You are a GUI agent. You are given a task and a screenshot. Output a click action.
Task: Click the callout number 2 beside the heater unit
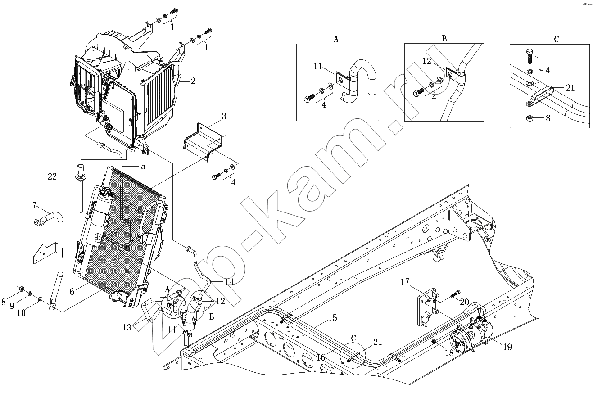[193, 81]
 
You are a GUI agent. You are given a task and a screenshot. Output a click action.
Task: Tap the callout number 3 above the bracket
[224, 116]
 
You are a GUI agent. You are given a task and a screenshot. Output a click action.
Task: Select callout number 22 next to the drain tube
[52, 176]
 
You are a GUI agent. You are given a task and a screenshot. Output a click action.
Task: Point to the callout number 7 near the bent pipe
[34, 205]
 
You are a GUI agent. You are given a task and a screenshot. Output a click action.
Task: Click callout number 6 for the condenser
[72, 291]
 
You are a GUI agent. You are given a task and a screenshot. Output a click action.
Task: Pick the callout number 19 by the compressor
[507, 347]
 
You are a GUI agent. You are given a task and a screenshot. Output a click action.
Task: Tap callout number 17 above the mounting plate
[405, 282]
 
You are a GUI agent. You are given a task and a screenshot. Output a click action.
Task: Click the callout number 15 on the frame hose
[332, 317]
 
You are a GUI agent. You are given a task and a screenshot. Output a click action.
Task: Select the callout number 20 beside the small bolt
[465, 302]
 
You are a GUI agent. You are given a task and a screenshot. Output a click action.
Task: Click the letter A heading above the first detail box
[336, 39]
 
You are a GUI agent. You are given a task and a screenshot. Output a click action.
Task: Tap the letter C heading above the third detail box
[556, 39]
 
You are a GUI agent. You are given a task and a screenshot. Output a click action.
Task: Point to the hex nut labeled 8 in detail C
[530, 118]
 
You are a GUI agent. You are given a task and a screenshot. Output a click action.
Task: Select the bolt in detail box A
[309, 98]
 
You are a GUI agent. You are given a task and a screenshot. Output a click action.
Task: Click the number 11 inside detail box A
[318, 66]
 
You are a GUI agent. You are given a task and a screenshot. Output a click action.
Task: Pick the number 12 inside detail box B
[427, 61]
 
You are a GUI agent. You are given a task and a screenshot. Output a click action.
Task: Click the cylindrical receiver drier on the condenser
[100, 217]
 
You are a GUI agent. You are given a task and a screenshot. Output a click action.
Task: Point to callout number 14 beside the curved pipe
[229, 282]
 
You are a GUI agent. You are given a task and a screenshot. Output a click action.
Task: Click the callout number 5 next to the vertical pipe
[143, 166]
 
